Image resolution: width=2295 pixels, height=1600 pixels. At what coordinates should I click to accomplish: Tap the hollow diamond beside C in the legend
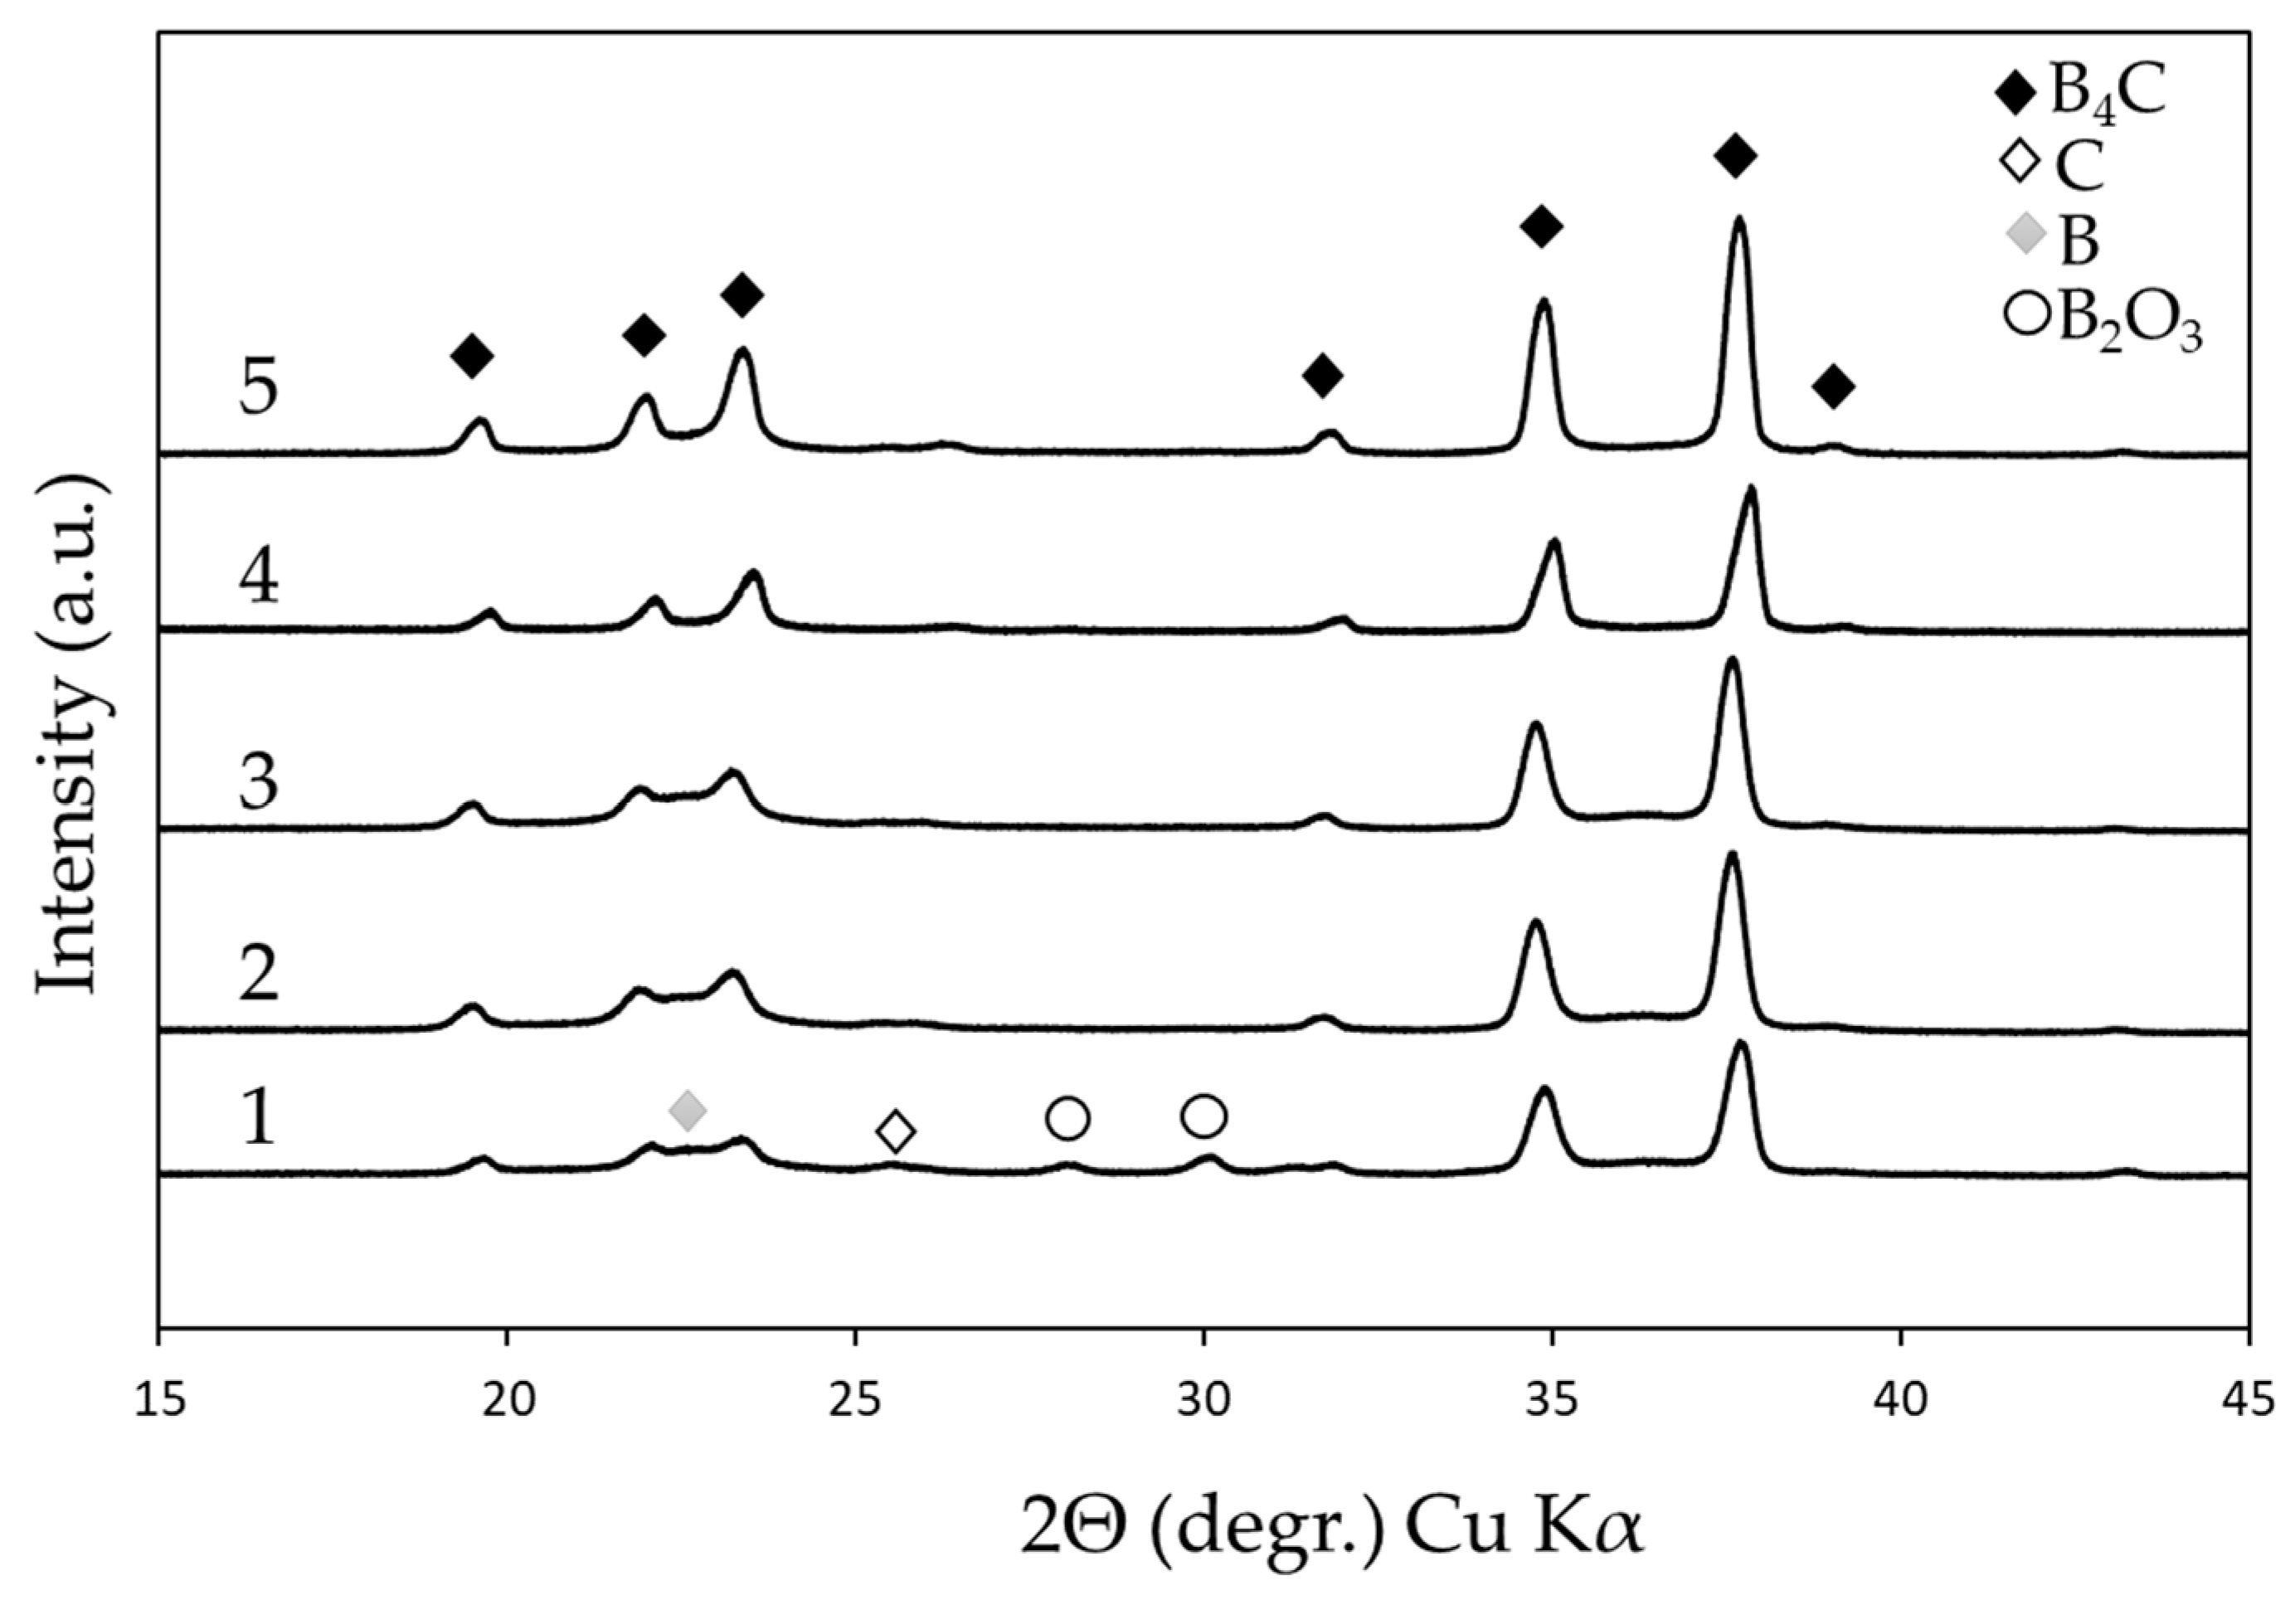[x=2022, y=163]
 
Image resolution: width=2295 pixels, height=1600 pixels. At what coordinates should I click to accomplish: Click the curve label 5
[x=258, y=387]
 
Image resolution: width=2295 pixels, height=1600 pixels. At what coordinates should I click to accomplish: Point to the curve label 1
[x=258, y=1117]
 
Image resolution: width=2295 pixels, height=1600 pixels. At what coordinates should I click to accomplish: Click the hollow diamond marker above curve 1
[x=896, y=1131]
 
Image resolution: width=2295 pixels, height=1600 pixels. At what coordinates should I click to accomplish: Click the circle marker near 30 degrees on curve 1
[x=1203, y=1116]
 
